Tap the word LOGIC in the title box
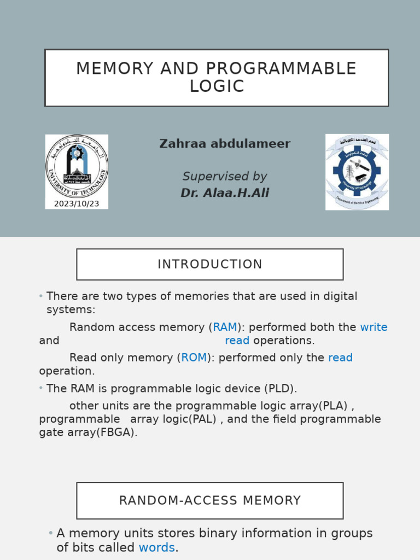pyautogui.click(x=217, y=86)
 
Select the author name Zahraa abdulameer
pyautogui.click(x=225, y=144)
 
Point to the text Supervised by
pyautogui.click(x=225, y=177)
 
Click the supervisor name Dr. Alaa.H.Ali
pyautogui.click(x=225, y=193)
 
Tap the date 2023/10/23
pyautogui.click(x=77, y=204)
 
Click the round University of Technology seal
pyautogui.click(x=77, y=167)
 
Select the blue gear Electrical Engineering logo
pyautogui.click(x=357, y=171)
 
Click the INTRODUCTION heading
pyautogui.click(x=210, y=265)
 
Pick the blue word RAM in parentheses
pyautogui.click(x=225, y=328)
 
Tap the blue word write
pyautogui.click(x=374, y=328)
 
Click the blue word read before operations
pyautogui.click(x=237, y=341)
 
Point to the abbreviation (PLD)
pyautogui.click(x=280, y=389)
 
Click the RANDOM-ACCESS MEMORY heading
pyautogui.click(x=210, y=500)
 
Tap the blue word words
pyautogui.click(x=156, y=547)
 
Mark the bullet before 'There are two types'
pyautogui.click(x=41, y=296)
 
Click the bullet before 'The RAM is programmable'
pyautogui.click(x=41, y=388)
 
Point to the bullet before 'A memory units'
pyautogui.click(x=51, y=533)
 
